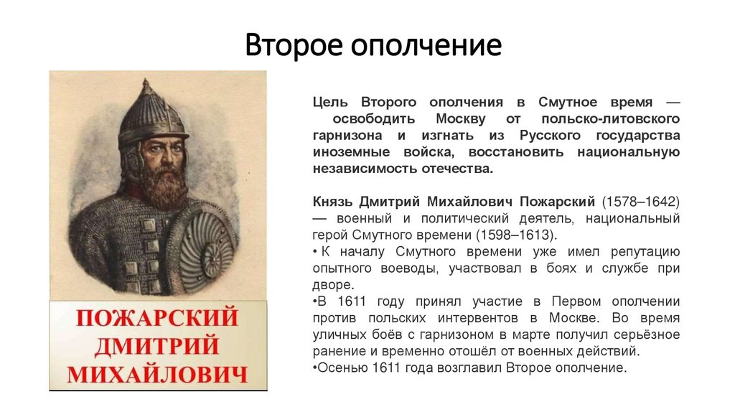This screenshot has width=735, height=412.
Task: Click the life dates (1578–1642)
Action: [640, 202]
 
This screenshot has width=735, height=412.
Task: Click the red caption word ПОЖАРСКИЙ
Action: [157, 317]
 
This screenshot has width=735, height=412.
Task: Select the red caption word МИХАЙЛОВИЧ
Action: [157, 374]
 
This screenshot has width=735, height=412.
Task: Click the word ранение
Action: [340, 352]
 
